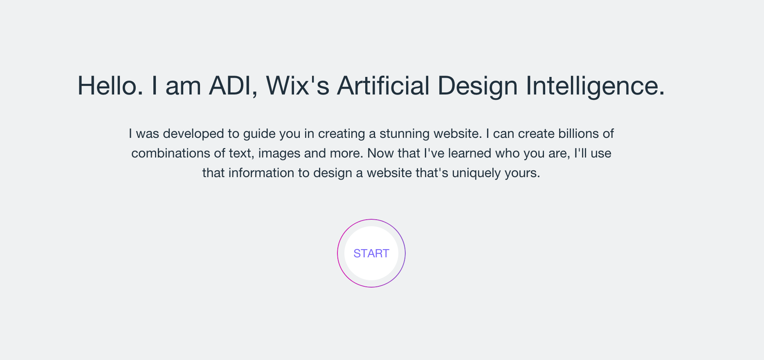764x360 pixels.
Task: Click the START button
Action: [x=371, y=253]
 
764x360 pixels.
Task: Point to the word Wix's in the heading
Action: [x=298, y=86]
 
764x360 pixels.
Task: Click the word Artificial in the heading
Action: [x=383, y=86]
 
